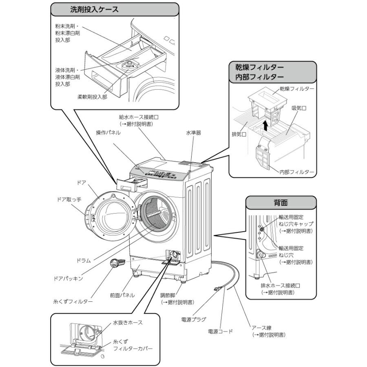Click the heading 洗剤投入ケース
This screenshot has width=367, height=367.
[x=94, y=9]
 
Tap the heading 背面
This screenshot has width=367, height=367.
[x=281, y=203]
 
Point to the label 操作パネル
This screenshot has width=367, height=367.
[x=108, y=133]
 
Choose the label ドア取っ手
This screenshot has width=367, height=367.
[x=69, y=200]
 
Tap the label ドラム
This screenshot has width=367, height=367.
[x=83, y=260]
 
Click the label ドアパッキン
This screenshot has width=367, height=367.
[x=69, y=278]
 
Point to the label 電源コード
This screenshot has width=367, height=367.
[x=220, y=331]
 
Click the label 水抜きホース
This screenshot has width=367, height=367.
[x=128, y=323]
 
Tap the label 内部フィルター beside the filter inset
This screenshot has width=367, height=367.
[x=297, y=172]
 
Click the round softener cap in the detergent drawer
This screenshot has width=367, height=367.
[x=131, y=64]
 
